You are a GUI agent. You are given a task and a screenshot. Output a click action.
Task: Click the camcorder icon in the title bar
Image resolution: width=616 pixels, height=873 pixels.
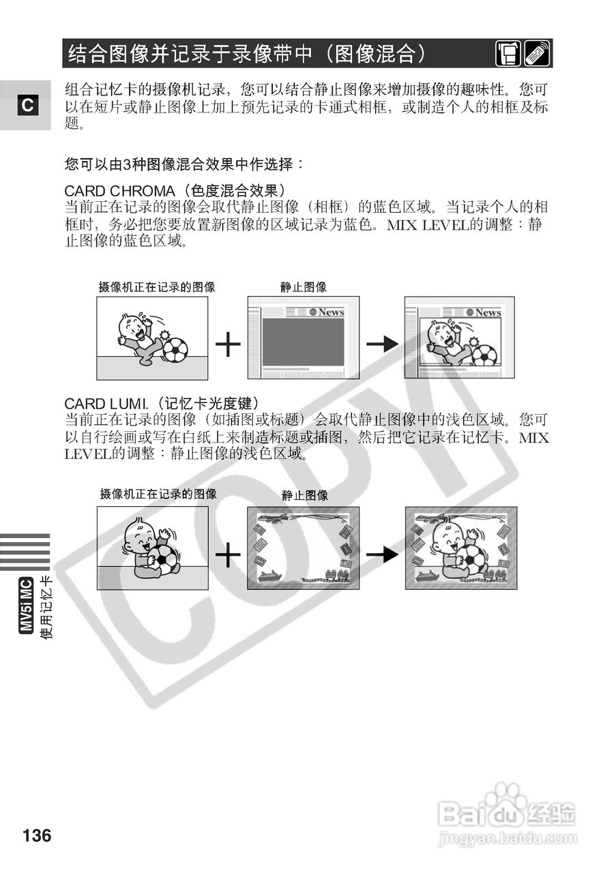coord(508,54)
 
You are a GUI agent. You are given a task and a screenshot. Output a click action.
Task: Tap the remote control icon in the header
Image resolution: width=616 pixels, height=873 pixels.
coord(538,54)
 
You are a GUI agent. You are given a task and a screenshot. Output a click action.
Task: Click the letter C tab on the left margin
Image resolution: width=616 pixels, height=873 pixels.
coord(26,106)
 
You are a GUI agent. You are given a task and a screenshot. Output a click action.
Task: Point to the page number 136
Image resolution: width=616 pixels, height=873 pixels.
coord(37,835)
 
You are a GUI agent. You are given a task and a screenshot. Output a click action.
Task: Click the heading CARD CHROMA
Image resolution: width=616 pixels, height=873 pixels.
coord(119,190)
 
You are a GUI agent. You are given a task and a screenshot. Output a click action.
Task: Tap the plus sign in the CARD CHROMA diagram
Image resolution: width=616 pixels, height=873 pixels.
coord(228,346)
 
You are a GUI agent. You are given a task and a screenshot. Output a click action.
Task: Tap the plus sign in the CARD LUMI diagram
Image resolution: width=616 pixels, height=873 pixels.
coord(228,555)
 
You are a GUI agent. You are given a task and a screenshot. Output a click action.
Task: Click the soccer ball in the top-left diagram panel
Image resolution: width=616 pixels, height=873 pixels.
coord(175,351)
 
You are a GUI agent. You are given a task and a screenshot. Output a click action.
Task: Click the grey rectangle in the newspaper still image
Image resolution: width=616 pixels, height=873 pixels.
coord(303,342)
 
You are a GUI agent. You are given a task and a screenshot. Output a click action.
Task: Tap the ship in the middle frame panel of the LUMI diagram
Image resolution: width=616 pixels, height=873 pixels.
coord(267,574)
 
